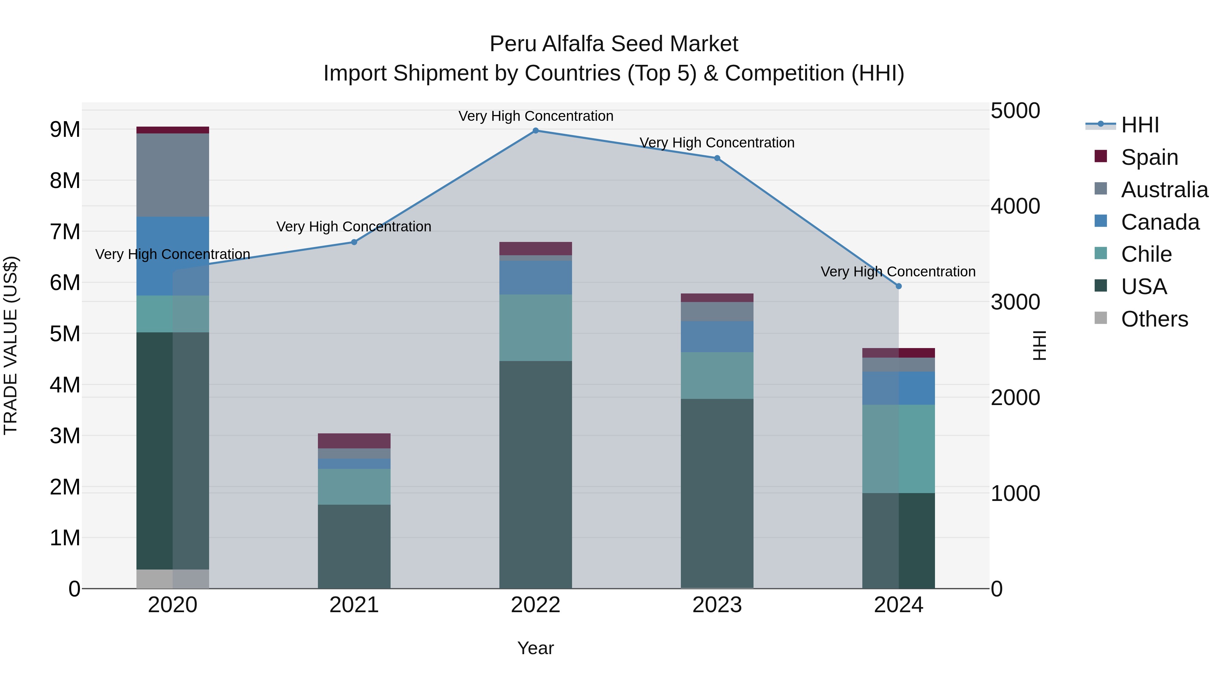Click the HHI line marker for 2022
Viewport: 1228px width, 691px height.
(535, 131)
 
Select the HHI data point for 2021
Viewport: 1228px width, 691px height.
(354, 242)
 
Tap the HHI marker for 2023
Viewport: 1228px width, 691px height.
(717, 158)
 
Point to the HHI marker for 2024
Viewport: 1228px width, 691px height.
(898, 286)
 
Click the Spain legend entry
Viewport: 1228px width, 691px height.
(1149, 157)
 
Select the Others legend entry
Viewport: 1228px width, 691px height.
(1154, 319)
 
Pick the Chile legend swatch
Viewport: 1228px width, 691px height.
(1101, 253)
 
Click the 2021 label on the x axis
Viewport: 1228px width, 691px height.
(354, 605)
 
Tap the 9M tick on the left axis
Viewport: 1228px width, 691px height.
(65, 130)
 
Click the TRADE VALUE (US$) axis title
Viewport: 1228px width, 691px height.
(11, 345)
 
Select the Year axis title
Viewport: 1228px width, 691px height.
(535, 648)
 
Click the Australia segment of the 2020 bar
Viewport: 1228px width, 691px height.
(173, 175)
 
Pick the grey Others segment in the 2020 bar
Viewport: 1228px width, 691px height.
(173, 579)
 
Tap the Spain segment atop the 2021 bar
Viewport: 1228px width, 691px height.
(354, 441)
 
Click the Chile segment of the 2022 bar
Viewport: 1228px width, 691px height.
(535, 328)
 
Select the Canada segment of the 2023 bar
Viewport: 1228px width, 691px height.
(717, 337)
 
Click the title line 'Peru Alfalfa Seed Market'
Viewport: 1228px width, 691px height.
(614, 44)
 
